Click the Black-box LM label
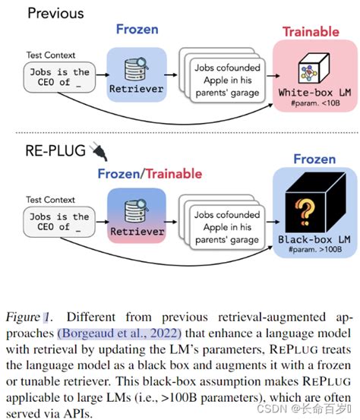306,241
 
